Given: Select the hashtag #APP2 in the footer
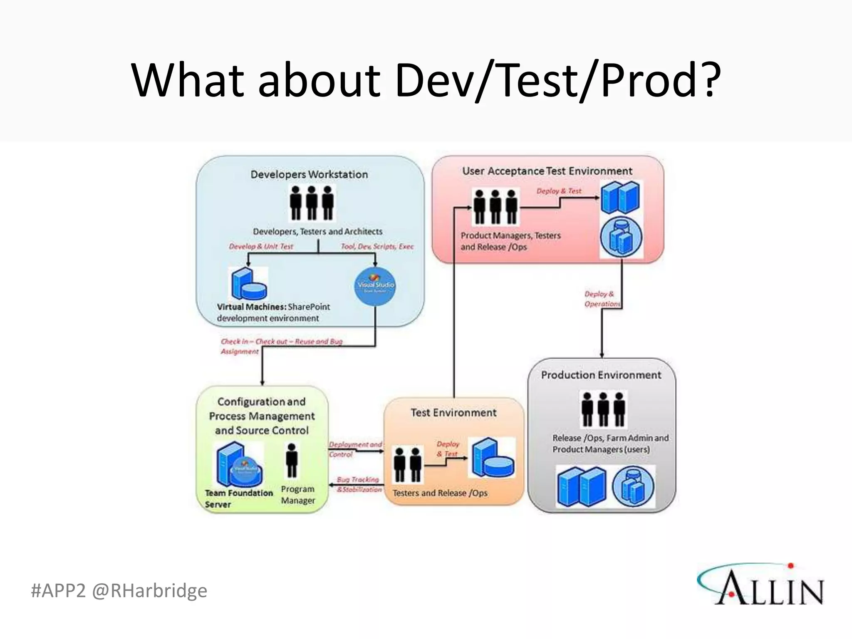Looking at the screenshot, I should (x=58, y=591).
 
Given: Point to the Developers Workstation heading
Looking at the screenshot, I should (x=309, y=174).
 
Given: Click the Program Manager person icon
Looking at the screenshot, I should (x=292, y=460).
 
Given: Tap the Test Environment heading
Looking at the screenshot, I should (x=453, y=413).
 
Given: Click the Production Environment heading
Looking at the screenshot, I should (x=601, y=375).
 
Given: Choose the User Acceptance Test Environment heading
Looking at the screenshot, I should (x=547, y=171).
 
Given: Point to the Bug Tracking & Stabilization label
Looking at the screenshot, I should (x=359, y=485).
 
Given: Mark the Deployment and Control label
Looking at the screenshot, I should (x=355, y=449).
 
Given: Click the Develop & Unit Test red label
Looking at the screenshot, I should (x=261, y=246).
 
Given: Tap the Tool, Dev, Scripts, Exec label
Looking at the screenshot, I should (x=377, y=246).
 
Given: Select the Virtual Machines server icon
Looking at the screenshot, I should (x=248, y=284).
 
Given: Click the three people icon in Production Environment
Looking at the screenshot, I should (x=603, y=409).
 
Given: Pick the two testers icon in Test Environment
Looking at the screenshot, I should (x=408, y=464).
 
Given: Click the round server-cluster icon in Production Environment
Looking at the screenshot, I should (x=633, y=486).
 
